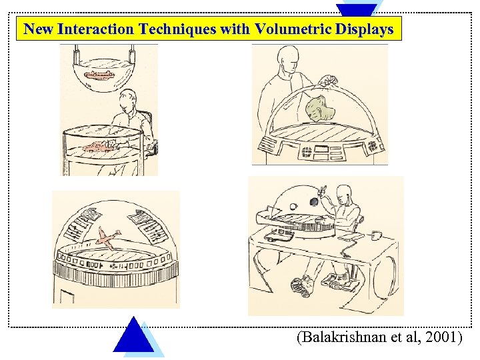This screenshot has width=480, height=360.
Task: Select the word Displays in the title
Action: (366, 29)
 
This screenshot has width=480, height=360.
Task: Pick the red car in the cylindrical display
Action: (99, 145)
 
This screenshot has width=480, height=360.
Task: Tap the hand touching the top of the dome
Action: (327, 80)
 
